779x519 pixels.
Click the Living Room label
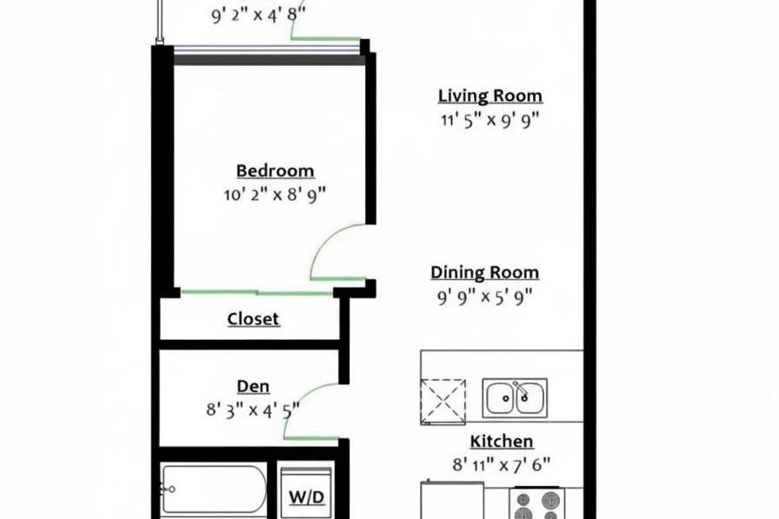coord(489,96)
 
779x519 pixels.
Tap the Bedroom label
coord(275,170)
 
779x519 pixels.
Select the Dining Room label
coord(484,273)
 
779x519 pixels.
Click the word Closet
coord(253,319)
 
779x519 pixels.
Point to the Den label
coord(253,386)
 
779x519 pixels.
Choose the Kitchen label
coord(502,442)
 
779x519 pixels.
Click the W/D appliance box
coord(305,497)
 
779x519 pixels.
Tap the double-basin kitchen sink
coord(515,398)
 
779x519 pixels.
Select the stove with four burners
coord(536,503)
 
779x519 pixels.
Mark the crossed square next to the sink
coord(443,402)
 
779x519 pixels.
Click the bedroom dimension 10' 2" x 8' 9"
coord(274,194)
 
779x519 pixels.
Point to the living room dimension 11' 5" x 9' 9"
coord(489,120)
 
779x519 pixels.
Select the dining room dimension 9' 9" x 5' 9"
coord(484,296)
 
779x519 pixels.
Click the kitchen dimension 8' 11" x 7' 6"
coord(501,464)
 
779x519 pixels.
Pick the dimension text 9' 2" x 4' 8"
coord(258,15)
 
